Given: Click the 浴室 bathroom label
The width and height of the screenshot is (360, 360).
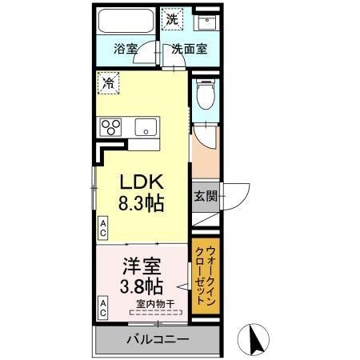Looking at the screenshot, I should point(126,48).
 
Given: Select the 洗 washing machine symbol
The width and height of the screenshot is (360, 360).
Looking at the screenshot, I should point(171,18).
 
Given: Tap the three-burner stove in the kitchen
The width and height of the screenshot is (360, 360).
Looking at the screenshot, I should point(110,126).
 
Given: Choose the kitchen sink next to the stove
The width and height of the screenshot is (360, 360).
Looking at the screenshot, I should point(145,126).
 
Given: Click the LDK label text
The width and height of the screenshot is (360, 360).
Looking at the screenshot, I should point(142,182).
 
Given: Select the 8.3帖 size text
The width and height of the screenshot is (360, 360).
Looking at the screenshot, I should point(142,202).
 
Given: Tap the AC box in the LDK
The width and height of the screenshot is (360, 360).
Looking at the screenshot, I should point(103,227).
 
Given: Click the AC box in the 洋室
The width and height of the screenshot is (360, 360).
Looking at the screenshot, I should point(103,306).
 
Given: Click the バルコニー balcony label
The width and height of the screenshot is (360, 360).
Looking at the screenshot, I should point(157,339).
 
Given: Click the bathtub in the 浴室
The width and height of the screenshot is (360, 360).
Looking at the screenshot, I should point(126,22).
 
